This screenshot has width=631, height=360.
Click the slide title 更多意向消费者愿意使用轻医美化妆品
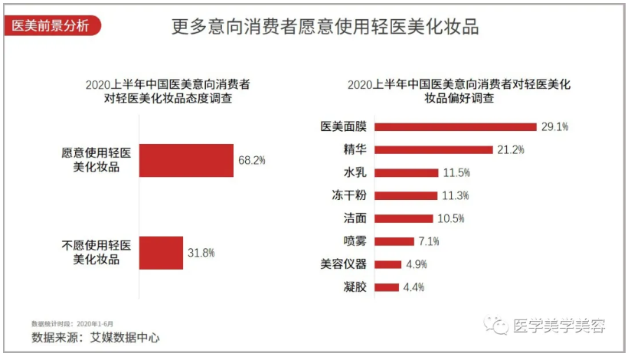coord(325,27)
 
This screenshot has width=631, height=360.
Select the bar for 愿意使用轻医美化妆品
coord(186,161)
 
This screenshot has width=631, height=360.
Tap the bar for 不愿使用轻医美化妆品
coord(161,252)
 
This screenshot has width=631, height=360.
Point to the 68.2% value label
coord(252,161)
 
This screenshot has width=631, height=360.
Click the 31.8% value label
coord(201,252)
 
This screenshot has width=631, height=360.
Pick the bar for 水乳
coord(408,173)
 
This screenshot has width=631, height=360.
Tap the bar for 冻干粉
coord(407,195)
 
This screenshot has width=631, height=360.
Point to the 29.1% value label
coord(555,127)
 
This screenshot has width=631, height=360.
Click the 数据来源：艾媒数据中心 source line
coord(96,337)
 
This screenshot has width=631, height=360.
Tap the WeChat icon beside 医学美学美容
coord(499,326)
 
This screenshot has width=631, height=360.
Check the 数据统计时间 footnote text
coord(72,323)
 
